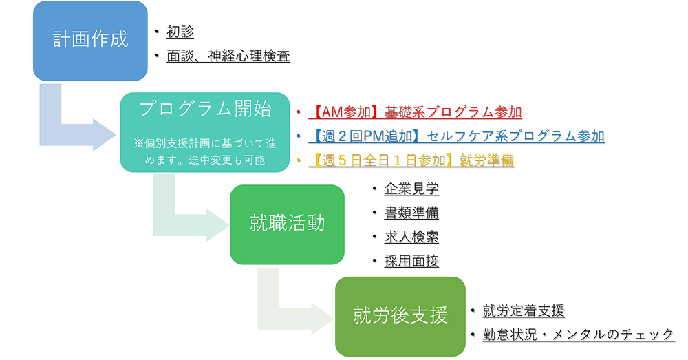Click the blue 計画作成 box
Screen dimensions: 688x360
point(90,41)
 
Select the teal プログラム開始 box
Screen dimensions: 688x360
point(205,132)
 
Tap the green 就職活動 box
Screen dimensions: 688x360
point(287,224)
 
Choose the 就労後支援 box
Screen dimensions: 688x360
point(400,316)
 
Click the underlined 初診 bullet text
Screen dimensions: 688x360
point(180,32)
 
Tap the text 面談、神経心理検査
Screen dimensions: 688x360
point(228,56)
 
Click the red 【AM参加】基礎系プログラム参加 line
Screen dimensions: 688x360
point(415,112)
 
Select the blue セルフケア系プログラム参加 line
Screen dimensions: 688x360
point(456,136)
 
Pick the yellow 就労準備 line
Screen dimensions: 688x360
point(411,160)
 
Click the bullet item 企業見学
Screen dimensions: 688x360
point(411,189)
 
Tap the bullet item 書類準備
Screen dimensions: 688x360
point(411,213)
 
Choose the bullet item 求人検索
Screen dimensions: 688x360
point(411,237)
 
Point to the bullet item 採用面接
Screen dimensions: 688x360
point(411,261)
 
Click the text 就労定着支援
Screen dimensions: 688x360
point(524,311)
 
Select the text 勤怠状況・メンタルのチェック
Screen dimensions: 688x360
point(579,335)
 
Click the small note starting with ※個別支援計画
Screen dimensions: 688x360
point(205,151)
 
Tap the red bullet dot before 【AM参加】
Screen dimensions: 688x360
point(299,112)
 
